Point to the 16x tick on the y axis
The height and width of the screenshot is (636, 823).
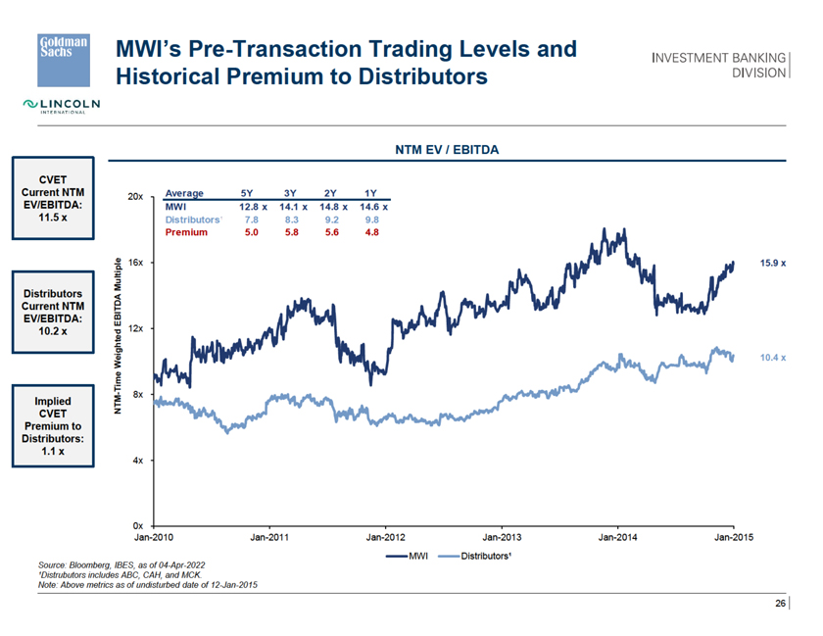point(136,263)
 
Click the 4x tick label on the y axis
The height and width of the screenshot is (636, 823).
point(138,460)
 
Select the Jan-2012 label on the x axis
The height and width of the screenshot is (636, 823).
point(385,538)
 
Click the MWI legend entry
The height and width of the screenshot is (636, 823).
point(411,556)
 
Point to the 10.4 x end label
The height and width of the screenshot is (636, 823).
point(773,358)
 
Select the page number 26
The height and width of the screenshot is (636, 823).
point(781,604)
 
